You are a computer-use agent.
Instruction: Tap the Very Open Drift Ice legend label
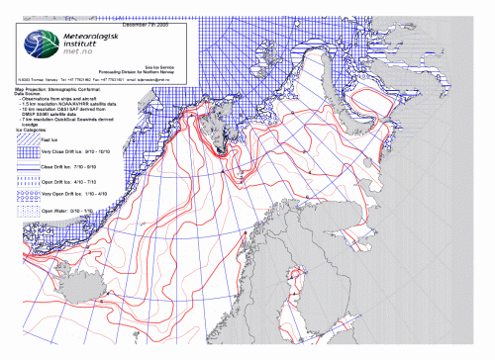coord(79,197)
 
